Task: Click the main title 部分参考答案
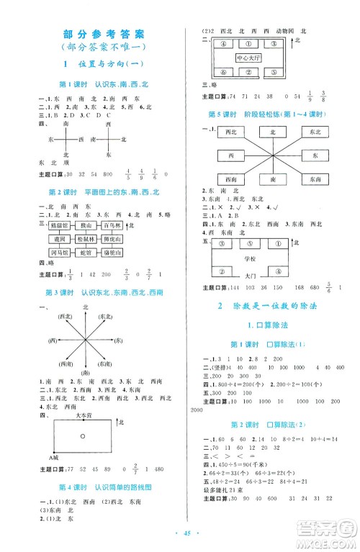104,33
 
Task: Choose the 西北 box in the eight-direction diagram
231,132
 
